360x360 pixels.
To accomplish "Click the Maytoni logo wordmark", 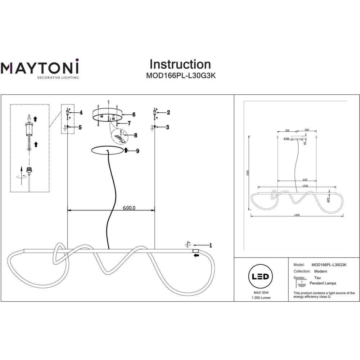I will [39, 68].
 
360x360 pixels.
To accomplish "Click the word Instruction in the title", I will [180, 64].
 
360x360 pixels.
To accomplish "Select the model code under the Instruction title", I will [180, 76].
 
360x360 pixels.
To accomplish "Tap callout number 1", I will [211, 246].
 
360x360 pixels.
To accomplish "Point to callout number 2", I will [168, 112].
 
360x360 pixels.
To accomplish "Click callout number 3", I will [168, 127].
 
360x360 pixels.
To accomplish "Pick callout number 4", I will [81, 112].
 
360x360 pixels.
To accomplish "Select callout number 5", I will [80, 127].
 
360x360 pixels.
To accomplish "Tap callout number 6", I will [134, 114].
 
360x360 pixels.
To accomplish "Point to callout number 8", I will [136, 135].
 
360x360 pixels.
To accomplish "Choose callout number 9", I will [137, 150].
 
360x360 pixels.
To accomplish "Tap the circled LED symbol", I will [261, 276].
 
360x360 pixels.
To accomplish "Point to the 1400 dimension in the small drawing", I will [297, 215].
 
